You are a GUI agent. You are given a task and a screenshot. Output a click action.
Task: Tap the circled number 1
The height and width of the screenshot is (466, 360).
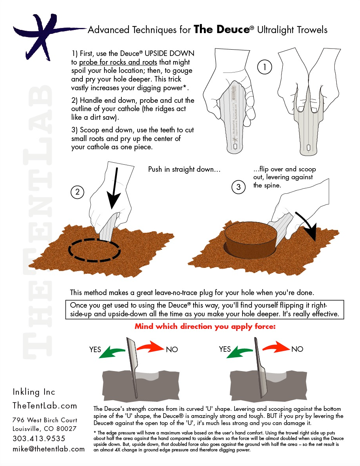point(265,67)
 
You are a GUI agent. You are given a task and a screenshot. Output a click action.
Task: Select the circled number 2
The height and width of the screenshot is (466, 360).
point(78,192)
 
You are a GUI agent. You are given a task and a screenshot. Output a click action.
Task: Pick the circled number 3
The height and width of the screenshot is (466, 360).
point(239,187)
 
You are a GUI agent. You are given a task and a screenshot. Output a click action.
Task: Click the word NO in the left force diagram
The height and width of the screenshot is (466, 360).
point(172,349)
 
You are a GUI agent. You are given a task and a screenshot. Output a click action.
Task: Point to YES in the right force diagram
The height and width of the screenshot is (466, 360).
point(225,349)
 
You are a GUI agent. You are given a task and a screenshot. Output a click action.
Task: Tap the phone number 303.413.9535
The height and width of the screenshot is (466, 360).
point(39,438)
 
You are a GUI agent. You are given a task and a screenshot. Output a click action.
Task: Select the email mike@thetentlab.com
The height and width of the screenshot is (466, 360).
point(48,449)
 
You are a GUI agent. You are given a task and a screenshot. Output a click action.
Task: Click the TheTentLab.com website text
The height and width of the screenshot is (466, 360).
point(45,406)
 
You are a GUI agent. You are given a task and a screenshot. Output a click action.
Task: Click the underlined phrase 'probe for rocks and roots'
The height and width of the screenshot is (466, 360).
point(118,62)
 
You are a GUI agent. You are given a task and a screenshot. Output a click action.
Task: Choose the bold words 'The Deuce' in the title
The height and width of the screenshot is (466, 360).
point(221,30)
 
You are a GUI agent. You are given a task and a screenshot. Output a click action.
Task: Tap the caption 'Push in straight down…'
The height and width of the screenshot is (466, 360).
point(184,169)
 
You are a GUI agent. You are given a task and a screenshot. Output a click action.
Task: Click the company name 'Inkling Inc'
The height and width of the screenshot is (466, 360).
point(34,392)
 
